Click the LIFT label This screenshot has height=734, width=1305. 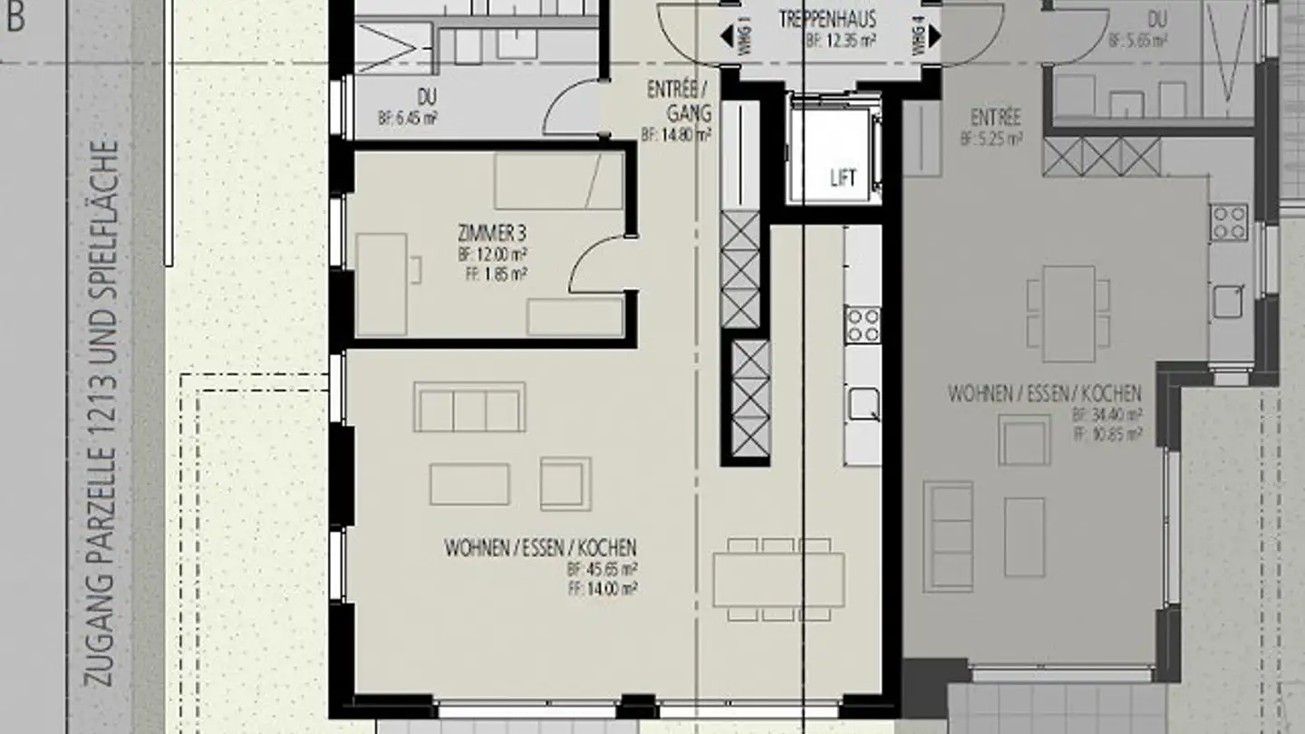click(x=843, y=179)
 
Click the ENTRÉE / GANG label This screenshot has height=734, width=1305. click(x=679, y=101)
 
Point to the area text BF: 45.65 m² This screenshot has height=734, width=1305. click(x=602, y=570)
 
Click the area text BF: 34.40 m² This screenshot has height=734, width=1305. click(x=1107, y=415)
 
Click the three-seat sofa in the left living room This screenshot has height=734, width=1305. click(x=469, y=407)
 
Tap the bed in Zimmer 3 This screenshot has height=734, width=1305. click(x=559, y=180)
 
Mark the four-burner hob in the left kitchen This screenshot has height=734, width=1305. click(x=863, y=324)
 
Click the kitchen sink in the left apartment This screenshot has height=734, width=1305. click(x=863, y=403)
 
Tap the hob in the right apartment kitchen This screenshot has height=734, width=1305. click(x=1230, y=222)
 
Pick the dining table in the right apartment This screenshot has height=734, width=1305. click(x=1069, y=314)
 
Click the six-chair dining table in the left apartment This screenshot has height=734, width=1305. click(x=778, y=580)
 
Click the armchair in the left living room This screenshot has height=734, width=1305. click(x=565, y=483)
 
